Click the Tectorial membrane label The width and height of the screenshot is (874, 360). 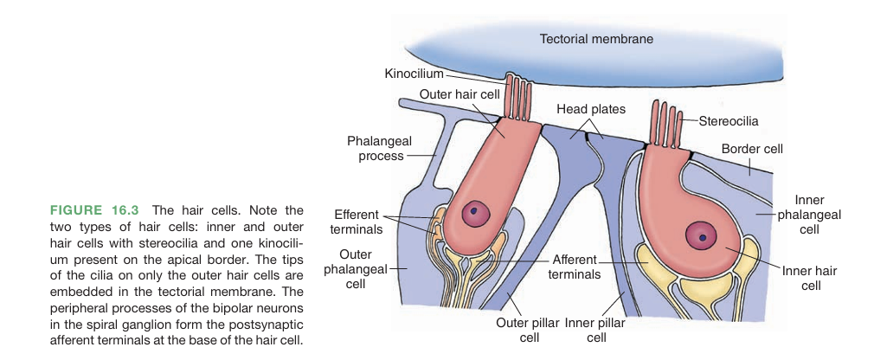[x=596, y=39]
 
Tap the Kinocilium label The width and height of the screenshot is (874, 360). [x=414, y=74]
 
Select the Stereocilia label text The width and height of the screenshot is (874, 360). [x=728, y=121]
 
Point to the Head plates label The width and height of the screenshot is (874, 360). [x=591, y=109]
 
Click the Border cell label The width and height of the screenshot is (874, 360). [x=751, y=149]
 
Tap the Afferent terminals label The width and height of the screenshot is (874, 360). [x=575, y=267]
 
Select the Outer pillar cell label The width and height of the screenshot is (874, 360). [x=527, y=330]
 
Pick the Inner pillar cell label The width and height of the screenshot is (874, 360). [x=596, y=330]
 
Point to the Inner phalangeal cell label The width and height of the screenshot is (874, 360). [x=809, y=215]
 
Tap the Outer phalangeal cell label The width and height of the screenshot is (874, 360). [x=356, y=268]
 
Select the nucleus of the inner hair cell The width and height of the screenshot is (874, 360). [x=702, y=235]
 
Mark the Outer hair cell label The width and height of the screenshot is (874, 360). [x=459, y=93]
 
